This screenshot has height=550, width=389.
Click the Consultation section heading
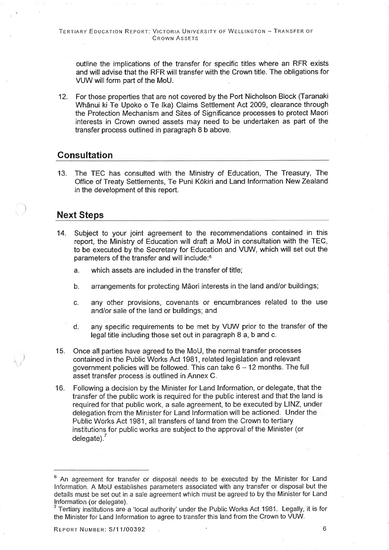pos(85,155)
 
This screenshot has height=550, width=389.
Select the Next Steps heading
pos(80,215)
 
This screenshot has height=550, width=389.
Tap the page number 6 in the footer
pos(324,529)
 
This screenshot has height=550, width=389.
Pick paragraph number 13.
pos(62,173)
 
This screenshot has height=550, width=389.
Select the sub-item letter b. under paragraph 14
pos(76,287)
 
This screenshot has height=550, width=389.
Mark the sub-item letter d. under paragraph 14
pos(76,327)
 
